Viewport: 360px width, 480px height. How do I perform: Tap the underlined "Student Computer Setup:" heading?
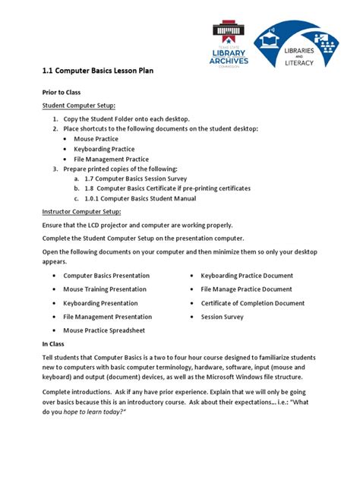79,105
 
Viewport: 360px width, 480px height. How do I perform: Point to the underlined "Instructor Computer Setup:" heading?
82,211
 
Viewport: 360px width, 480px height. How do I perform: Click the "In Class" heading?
55,344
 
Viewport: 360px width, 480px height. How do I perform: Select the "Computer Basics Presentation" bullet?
106,276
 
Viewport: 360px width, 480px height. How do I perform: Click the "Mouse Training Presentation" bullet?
106,289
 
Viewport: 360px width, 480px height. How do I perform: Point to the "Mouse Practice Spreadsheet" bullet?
103,330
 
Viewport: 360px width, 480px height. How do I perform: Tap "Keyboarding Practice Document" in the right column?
247,276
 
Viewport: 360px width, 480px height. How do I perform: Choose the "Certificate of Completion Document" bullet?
253,303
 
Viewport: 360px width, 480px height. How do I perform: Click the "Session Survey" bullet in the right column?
223,317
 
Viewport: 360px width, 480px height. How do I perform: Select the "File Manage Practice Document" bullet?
246,289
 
